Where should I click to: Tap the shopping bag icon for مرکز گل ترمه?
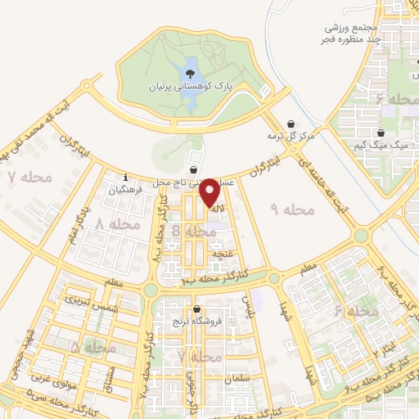click(291, 123)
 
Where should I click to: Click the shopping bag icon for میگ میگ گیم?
click(381, 133)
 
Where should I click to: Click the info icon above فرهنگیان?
click(125, 178)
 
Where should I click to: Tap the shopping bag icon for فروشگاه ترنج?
click(196, 309)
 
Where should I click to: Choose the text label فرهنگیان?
click(127, 189)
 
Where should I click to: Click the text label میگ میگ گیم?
click(389, 144)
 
